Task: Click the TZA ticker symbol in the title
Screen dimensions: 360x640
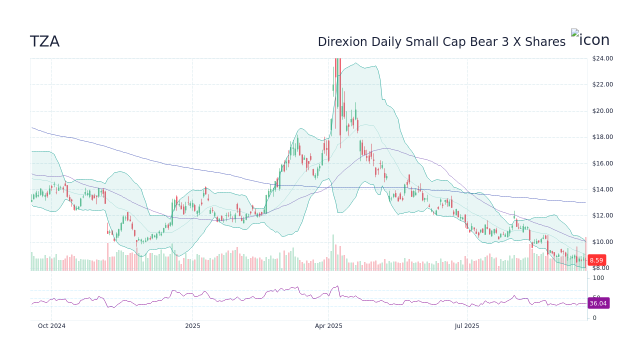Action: coord(44,42)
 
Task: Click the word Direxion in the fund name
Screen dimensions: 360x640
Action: coord(341,42)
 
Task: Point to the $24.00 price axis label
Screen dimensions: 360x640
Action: coord(602,58)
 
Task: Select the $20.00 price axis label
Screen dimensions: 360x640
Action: coord(602,111)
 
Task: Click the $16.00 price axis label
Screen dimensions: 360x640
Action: coord(602,163)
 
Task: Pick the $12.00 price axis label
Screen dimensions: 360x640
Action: coord(602,216)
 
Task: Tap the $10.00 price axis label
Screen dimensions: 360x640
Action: coord(602,242)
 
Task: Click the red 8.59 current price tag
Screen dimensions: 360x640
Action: coord(596,260)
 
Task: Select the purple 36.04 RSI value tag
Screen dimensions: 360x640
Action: coord(597,303)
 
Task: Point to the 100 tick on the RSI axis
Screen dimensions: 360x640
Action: coord(598,278)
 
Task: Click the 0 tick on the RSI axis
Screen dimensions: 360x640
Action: coord(594,318)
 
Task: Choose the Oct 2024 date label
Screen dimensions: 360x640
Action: coord(51,326)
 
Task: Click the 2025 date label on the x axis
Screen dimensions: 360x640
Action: coord(192,326)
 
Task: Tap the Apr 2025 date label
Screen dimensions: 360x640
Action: coord(328,326)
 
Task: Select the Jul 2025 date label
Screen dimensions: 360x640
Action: coord(467,326)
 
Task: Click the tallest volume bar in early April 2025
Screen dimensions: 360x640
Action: coord(333,253)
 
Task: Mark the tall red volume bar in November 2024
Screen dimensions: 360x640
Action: coord(107,257)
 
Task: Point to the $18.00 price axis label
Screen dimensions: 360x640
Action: coord(602,137)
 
